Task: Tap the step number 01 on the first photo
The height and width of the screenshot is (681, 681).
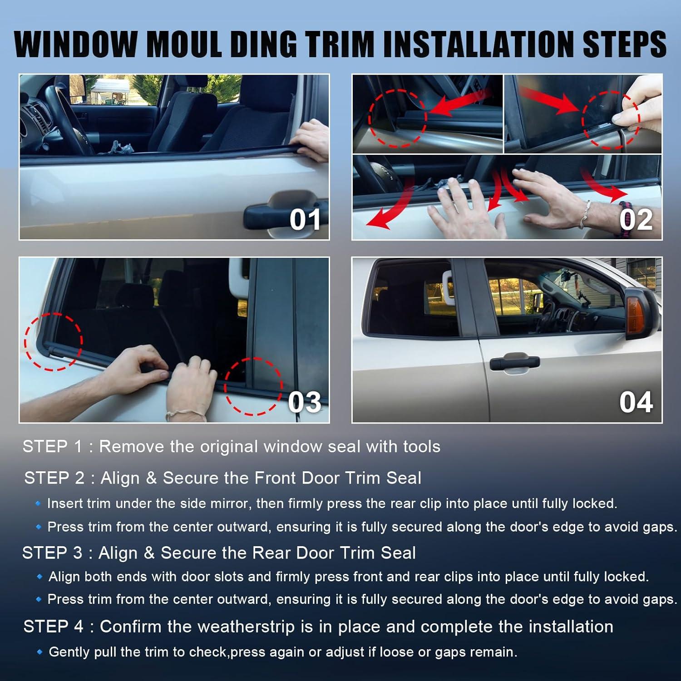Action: click(x=305, y=220)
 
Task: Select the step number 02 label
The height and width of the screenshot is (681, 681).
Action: click(x=636, y=220)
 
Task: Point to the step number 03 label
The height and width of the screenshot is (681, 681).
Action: click(x=304, y=402)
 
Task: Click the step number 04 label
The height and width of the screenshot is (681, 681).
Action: click(x=636, y=402)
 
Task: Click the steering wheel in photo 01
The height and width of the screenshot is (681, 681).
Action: click(x=68, y=118)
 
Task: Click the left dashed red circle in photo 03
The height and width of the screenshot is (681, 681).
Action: click(x=54, y=342)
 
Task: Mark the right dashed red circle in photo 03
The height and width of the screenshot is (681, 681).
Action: click(x=253, y=386)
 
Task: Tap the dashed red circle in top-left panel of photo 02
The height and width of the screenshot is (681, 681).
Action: click(x=397, y=118)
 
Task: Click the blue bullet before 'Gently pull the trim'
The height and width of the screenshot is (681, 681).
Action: click(x=39, y=652)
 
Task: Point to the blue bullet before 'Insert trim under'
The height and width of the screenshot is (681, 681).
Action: click(x=39, y=503)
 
